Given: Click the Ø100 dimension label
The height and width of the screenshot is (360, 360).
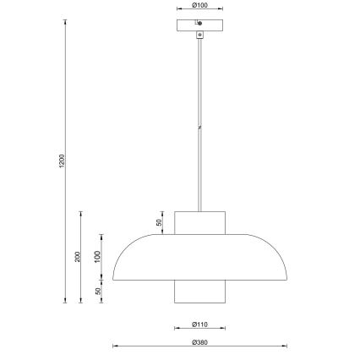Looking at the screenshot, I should click(200, 6).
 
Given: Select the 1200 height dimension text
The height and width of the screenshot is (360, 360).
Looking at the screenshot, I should click(62, 161).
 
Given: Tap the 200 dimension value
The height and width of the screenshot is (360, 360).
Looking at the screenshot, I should click(77, 256).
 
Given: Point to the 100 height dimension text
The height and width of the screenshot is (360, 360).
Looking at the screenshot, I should click(97, 255).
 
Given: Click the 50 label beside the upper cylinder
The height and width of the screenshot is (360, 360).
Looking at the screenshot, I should click(159, 223).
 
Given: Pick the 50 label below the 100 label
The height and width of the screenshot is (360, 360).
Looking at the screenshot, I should click(97, 292).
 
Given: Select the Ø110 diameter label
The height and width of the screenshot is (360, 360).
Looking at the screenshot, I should click(200, 323).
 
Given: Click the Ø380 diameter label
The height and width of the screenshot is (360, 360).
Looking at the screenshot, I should click(200, 341).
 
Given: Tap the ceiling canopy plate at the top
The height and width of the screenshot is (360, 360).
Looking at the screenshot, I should click(200, 25).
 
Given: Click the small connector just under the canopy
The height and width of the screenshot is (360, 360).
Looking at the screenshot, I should click(200, 35).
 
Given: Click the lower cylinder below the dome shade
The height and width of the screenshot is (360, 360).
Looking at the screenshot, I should click(200, 292).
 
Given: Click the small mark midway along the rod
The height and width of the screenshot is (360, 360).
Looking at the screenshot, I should click(200, 127).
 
